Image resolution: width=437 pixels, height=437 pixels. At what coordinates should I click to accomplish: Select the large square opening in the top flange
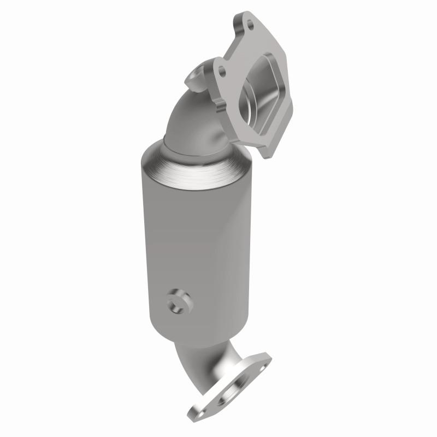[x=267, y=82]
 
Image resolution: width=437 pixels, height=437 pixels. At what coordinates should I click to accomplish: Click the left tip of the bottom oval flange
[x=190, y=421]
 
